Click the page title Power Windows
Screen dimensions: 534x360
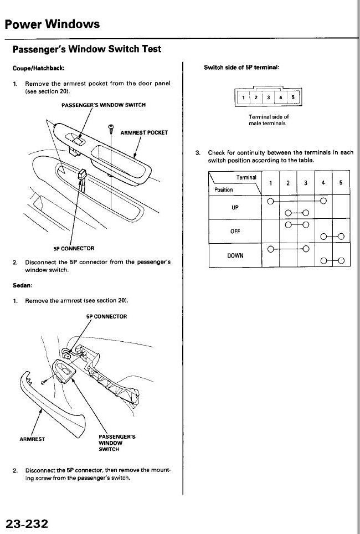pos(53,24)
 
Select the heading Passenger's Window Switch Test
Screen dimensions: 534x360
pos(87,49)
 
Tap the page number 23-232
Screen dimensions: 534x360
pos(27,523)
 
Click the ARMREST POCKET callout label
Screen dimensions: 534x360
pos(144,132)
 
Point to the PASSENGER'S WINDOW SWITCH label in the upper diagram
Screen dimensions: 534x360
pos(104,105)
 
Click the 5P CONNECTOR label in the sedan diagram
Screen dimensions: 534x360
pos(107,316)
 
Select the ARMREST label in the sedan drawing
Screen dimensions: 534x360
pos(32,439)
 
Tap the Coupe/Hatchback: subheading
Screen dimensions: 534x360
pos(39,68)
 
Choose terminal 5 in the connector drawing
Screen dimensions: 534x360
pos(293,98)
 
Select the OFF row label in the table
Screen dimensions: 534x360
pos(235,232)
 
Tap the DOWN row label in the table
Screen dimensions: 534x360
pos(235,255)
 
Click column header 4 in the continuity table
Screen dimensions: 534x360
pos(323,183)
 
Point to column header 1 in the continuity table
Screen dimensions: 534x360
pos(270,183)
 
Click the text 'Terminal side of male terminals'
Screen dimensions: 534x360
pos(269,120)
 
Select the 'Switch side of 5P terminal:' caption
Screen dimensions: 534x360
pos(241,68)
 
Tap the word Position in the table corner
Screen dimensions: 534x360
pos(224,189)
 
